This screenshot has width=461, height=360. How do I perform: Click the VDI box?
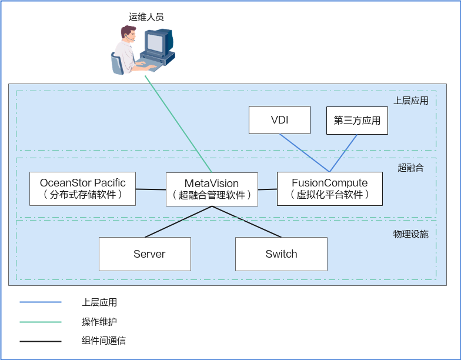pos(279,120)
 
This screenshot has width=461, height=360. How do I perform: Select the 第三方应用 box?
pos(357,120)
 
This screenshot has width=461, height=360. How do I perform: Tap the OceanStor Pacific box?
pos(82,188)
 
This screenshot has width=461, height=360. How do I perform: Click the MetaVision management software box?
pos(212,189)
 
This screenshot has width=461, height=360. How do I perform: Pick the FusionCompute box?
pos(329,188)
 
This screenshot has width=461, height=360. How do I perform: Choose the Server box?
pos(145,254)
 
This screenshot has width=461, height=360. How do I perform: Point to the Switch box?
pos(281,254)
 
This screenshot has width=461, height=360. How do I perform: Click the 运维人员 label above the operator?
pos(146,17)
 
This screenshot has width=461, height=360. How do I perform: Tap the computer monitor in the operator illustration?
pos(158,44)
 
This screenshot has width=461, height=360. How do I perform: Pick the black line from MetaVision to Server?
pos(176,222)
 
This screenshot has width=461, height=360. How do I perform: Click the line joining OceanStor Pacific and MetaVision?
pos(151,189)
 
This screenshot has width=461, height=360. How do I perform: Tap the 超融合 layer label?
pos(410,168)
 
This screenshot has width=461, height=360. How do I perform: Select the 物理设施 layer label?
pos(410,234)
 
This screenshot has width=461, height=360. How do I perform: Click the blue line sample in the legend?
pos(41,302)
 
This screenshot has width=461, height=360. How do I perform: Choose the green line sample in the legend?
pos(41,322)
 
